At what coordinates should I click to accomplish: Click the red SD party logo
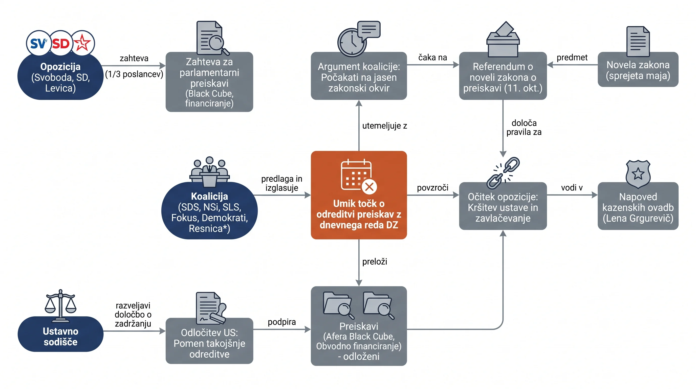61,43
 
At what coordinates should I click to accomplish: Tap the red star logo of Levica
83,43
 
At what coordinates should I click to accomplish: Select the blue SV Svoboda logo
39,43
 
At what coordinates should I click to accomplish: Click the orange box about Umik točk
359,195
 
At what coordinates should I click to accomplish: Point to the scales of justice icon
60,306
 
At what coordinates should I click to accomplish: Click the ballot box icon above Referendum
503,39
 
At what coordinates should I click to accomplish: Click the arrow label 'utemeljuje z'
384,126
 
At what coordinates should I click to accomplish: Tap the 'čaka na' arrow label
432,57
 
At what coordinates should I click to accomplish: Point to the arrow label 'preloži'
375,262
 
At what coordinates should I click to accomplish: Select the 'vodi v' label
572,187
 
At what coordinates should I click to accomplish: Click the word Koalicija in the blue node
209,196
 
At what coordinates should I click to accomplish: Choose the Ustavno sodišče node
60,334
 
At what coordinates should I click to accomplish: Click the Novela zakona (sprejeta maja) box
638,70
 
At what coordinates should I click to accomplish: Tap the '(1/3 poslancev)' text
134,74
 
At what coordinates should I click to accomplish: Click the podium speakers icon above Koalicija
209,171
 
